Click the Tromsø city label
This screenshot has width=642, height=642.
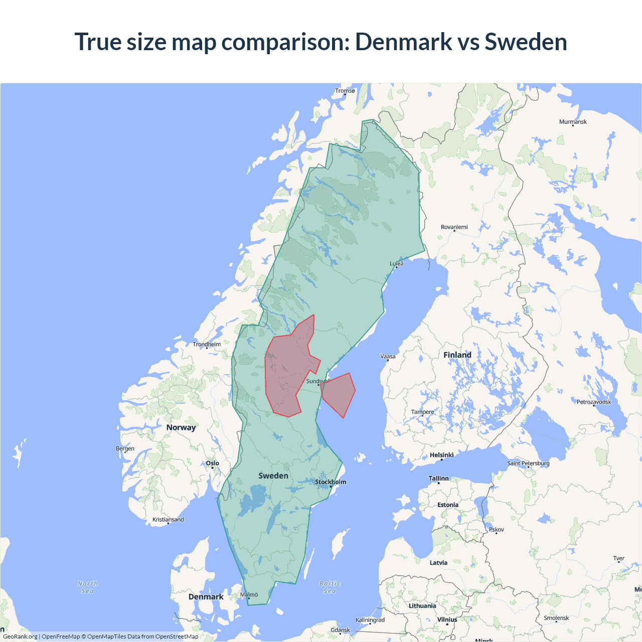(345, 91)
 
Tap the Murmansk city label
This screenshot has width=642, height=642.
(573, 122)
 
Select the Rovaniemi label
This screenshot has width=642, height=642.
(454, 227)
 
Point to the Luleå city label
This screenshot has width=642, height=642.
(397, 263)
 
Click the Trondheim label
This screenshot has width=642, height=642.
(207, 345)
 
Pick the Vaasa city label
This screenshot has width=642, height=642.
(388, 357)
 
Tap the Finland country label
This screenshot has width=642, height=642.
(457, 355)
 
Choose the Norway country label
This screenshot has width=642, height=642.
(181, 427)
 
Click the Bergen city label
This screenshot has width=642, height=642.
(125, 448)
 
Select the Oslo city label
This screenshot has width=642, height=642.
(212, 463)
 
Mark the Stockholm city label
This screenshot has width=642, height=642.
(331, 482)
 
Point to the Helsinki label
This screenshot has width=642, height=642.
(441, 455)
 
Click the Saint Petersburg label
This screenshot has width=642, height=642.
(528, 463)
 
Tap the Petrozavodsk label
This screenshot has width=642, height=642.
(594, 402)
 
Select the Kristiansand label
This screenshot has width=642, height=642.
(168, 520)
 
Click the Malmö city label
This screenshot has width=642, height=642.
(249, 595)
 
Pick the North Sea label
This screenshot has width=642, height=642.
(88, 587)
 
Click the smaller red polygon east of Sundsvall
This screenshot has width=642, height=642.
(339, 394)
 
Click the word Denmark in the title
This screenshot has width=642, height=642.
(403, 42)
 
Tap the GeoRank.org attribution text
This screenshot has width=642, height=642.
(20, 636)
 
